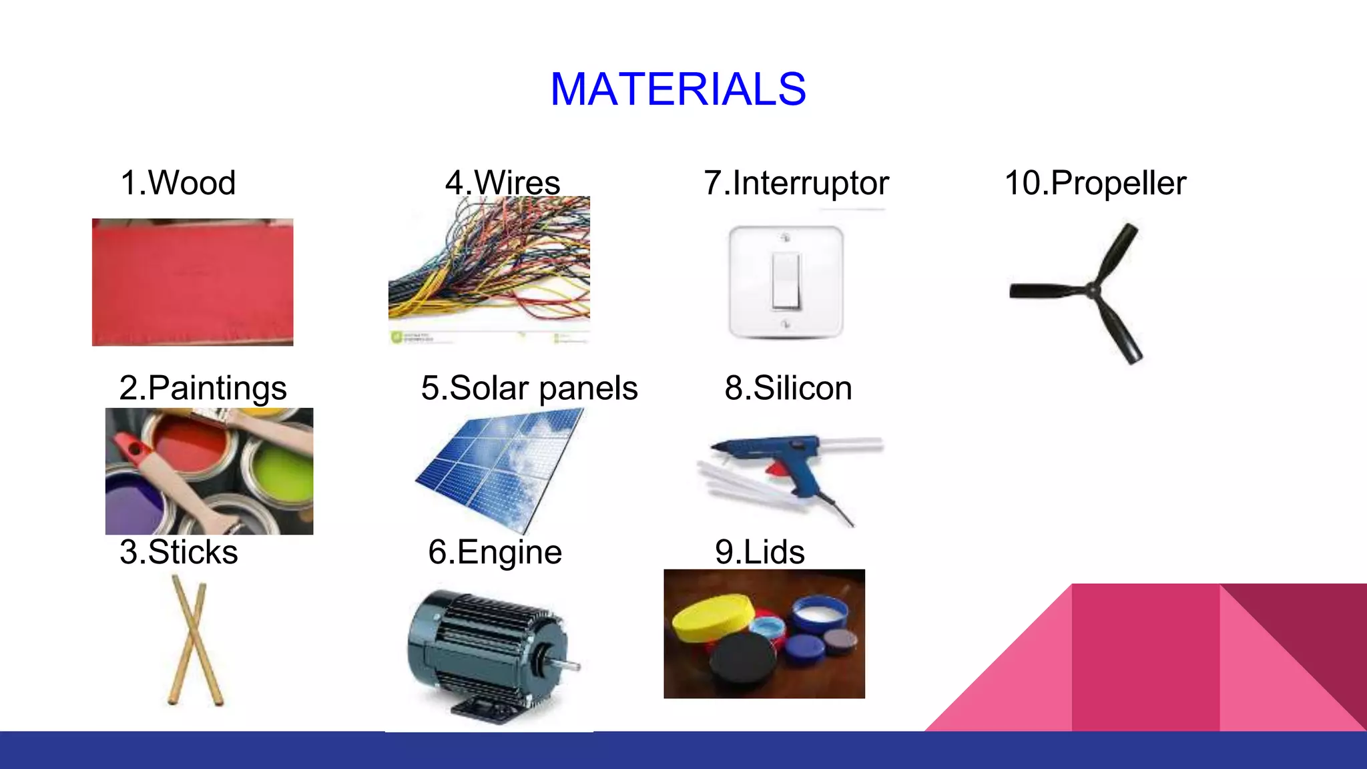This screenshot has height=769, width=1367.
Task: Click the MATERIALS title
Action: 677,89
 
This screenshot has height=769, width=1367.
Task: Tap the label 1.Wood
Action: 178,183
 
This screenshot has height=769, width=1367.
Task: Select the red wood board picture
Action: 192,282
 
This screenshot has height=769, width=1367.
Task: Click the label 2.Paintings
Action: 203,388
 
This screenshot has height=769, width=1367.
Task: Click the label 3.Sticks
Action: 178,552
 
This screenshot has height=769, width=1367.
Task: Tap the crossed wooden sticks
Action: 194,640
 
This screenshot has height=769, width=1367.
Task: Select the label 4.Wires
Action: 502,183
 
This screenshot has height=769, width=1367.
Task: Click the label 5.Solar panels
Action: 529,388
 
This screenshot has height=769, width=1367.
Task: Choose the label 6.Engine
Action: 495,552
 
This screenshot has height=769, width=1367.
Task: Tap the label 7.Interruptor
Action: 796,183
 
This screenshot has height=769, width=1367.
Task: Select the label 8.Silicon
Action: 788,388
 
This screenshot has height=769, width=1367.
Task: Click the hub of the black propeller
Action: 1092,290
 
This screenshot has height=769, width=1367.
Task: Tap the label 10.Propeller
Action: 1095,183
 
